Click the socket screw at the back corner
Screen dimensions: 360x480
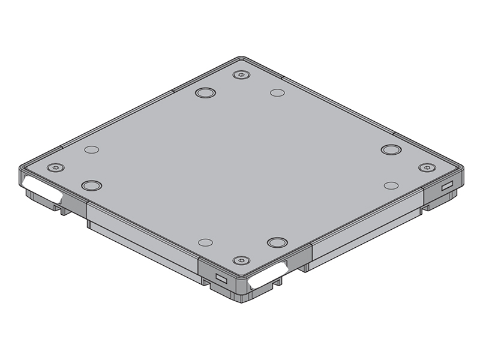(241, 74)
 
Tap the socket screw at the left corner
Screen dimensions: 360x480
(56, 167)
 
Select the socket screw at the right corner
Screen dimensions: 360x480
(425, 167)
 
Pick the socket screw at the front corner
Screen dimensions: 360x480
(241, 261)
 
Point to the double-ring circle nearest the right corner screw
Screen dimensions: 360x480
(391, 149)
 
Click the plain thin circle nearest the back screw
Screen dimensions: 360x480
(277, 93)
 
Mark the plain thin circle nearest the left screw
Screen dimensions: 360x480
(91, 149)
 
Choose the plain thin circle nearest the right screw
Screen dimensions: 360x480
(391, 186)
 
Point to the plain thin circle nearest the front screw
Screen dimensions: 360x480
(205, 242)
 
